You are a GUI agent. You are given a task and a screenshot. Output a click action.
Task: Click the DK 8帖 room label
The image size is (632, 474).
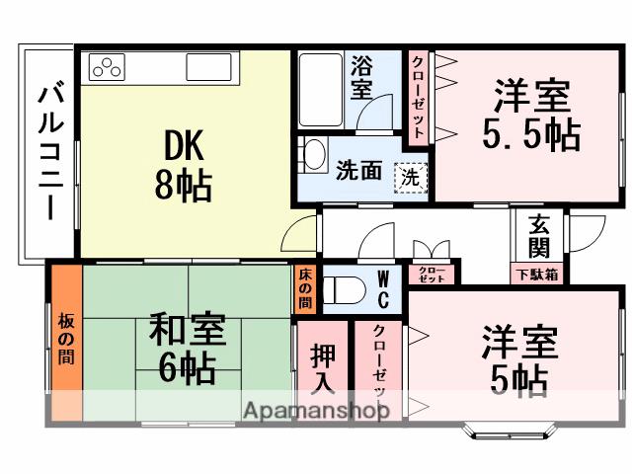[182, 165]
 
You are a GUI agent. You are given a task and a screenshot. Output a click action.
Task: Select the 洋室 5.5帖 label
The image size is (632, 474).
[531, 115]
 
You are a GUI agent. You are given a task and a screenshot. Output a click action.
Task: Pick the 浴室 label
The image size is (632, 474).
[361, 79]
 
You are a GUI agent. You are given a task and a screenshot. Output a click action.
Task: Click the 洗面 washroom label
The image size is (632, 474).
[357, 171]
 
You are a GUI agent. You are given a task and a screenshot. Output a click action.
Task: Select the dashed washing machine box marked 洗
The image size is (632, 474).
[409, 178]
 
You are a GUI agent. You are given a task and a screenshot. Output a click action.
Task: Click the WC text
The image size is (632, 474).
[384, 288]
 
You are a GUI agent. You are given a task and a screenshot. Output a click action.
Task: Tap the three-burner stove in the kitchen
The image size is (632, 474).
[108, 67]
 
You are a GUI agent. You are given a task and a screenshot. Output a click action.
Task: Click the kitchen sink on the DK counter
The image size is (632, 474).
[208, 67]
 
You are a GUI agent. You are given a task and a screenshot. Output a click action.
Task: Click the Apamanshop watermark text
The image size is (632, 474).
[317, 410]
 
